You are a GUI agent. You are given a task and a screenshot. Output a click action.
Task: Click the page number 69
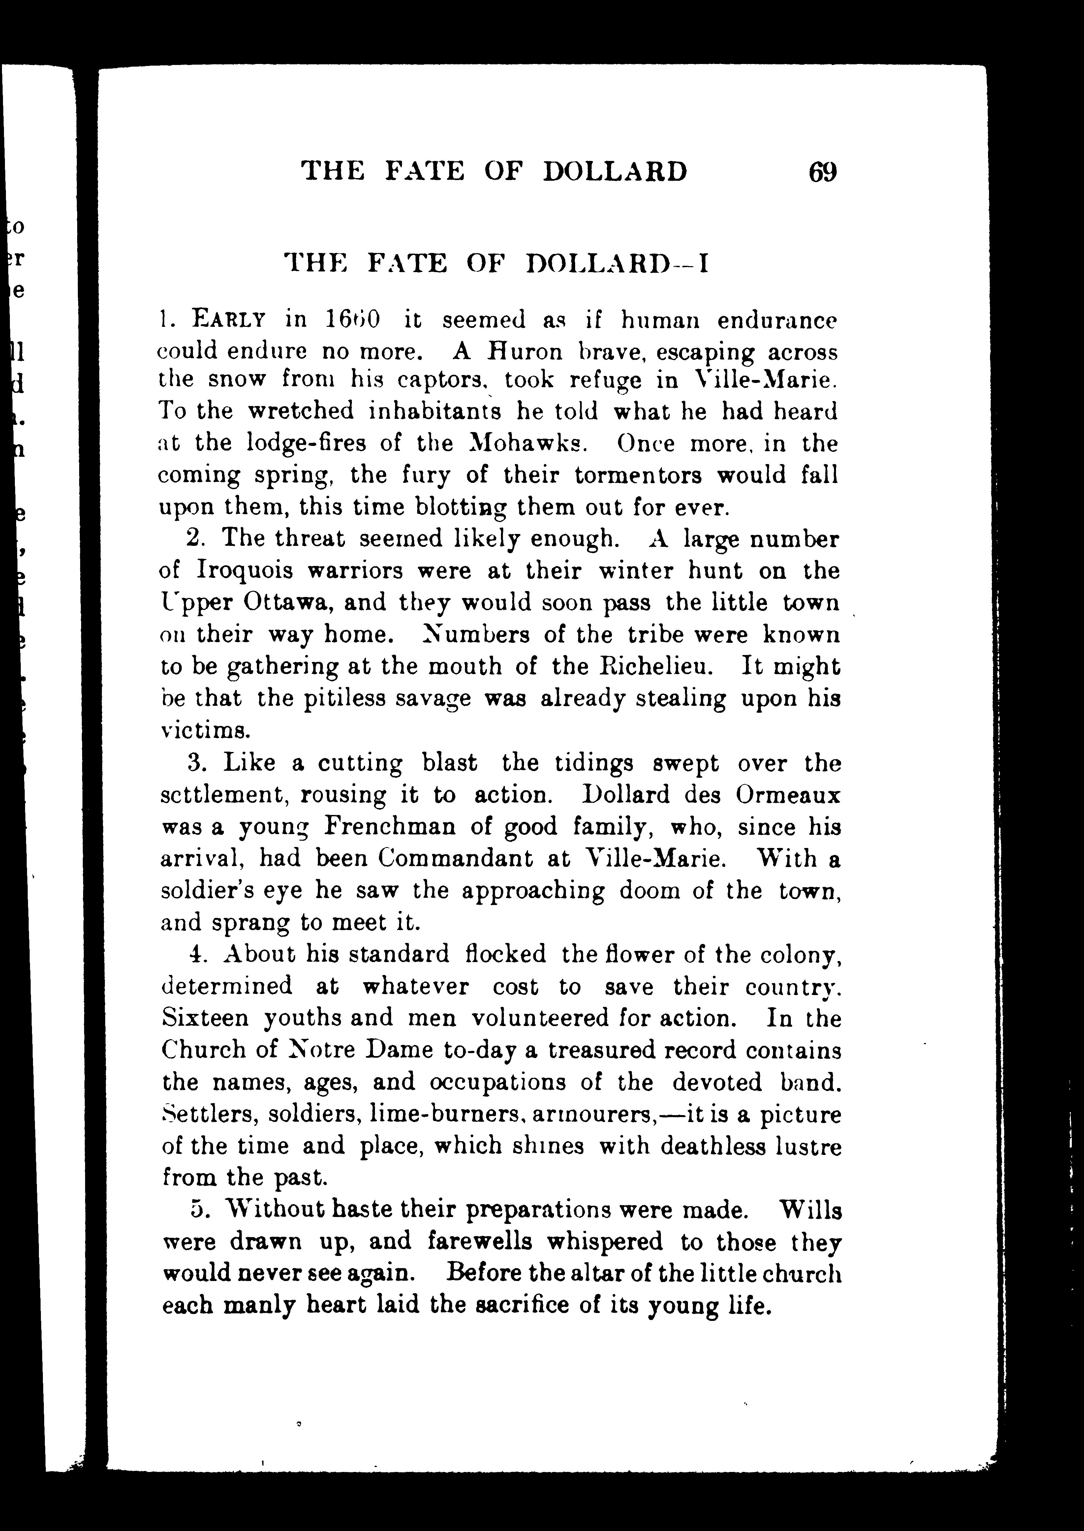tap(822, 172)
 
